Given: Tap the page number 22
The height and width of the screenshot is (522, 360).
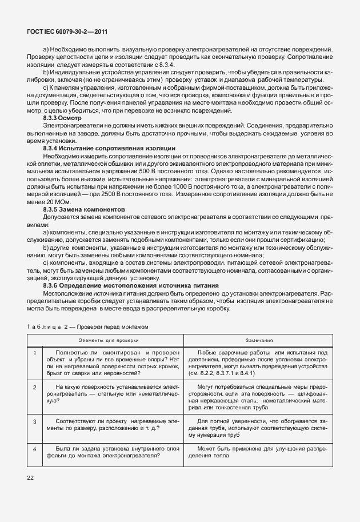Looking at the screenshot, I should (31, 477).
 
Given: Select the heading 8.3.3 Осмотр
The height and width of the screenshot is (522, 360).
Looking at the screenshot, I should (63, 118).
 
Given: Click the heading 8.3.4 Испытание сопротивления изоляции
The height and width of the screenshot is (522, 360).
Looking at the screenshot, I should (109, 148).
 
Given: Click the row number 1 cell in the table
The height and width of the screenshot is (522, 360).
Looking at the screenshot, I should (35, 353).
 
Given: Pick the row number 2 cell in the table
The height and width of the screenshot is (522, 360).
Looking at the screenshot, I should (35, 388).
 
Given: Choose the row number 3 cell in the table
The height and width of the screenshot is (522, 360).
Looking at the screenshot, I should (35, 421).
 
